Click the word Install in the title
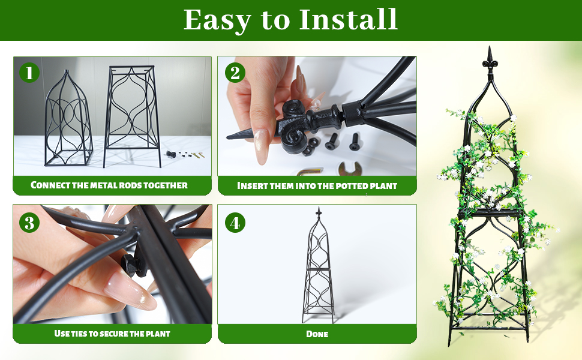click(348, 19)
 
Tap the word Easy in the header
click(218, 21)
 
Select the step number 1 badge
click(29, 73)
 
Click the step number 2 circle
click(235, 73)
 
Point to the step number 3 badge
click(29, 223)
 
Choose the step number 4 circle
click(235, 223)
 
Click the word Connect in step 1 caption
click(50, 185)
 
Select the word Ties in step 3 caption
click(79, 334)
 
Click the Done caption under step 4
click(317, 334)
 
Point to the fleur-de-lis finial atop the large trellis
click(490, 61)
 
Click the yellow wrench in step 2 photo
click(350, 169)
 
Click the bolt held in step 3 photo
click(134, 265)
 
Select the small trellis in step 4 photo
click(318, 265)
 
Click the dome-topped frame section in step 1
click(68, 118)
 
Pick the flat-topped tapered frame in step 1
click(132, 116)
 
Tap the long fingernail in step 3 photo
click(130, 290)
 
